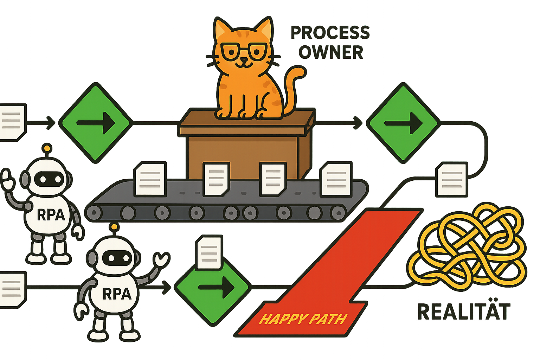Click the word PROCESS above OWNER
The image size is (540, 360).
330,33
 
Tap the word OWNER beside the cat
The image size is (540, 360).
331,52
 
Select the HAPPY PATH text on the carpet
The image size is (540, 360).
303,319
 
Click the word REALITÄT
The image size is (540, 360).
463,312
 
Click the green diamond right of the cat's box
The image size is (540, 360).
403,123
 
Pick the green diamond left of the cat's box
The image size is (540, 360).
95,123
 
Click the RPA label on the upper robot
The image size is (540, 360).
51,215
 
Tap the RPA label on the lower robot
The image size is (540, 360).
117,294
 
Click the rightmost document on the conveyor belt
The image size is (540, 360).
336,179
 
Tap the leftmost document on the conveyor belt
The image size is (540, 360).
150,179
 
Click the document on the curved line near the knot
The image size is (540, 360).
451,179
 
